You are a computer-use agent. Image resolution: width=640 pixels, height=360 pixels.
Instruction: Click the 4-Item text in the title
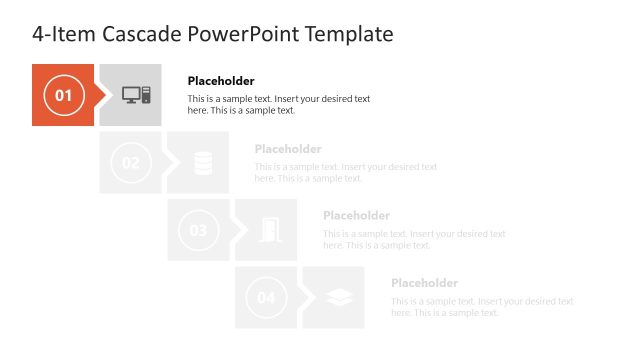[x=64, y=35]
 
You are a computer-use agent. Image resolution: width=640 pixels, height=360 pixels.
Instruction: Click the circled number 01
[x=63, y=96]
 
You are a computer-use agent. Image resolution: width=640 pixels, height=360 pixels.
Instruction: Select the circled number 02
[x=131, y=163]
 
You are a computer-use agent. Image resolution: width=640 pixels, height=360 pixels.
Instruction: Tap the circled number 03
[x=199, y=231]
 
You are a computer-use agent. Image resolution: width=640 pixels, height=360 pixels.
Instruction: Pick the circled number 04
[x=267, y=298]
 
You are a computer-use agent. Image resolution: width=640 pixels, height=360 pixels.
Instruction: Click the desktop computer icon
[x=136, y=95]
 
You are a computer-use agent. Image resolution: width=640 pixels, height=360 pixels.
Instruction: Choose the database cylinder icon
[x=203, y=163]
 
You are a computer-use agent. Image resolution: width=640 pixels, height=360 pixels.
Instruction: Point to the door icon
[x=270, y=231]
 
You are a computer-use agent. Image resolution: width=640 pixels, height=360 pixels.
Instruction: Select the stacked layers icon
[x=338, y=298]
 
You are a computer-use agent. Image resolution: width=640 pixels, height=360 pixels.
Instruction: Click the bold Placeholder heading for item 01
[x=221, y=81]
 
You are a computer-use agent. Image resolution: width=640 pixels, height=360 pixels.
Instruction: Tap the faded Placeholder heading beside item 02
[x=288, y=149]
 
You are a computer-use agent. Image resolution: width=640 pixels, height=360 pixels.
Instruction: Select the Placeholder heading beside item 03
[x=356, y=216]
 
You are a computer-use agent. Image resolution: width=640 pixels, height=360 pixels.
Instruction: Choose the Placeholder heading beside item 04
[x=424, y=283]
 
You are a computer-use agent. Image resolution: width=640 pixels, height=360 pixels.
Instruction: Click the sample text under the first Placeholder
[x=279, y=105]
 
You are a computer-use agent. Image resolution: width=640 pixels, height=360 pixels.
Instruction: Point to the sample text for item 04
[x=482, y=307]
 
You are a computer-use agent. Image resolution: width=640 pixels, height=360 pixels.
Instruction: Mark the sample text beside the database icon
[x=346, y=172]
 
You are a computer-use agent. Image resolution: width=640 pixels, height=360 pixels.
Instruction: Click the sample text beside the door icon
[x=414, y=239]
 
